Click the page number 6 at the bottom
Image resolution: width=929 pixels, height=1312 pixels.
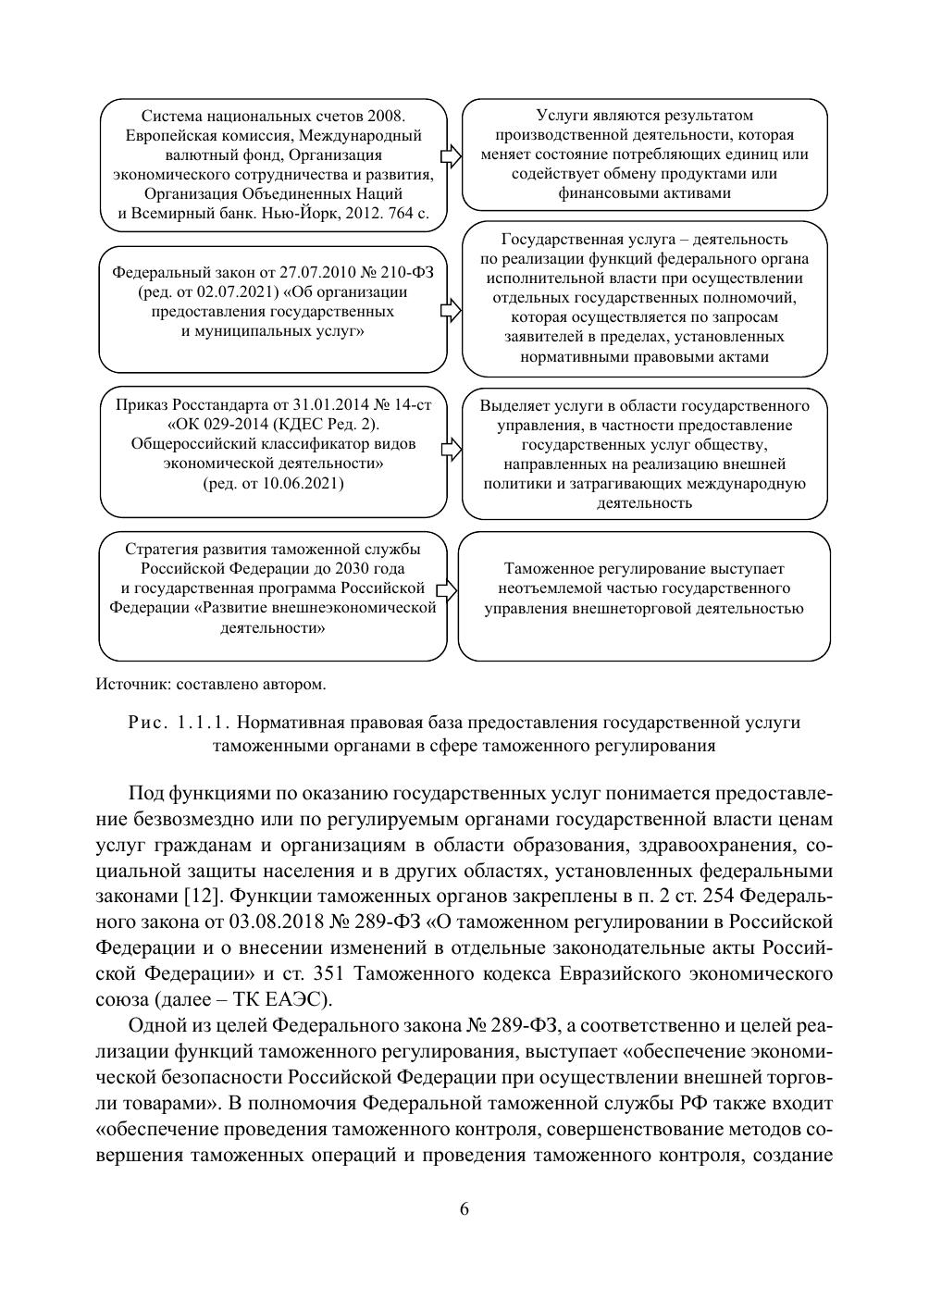[464, 1209]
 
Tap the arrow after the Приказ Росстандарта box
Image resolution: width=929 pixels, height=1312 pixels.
[451, 449]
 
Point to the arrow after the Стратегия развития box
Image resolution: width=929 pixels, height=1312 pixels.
[448, 590]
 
